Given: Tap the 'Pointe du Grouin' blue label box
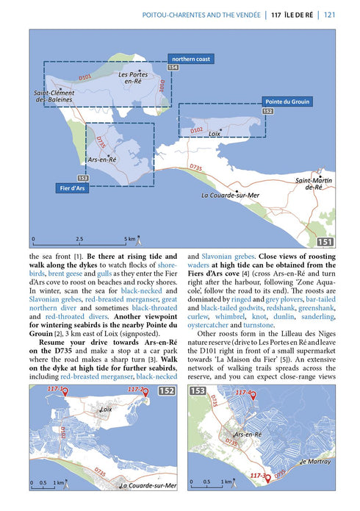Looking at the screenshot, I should tap(287, 101).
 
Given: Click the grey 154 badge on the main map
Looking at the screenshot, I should tap(173, 68).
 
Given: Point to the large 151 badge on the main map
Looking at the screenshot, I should tap(325, 242).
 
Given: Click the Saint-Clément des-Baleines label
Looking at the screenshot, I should tap(53, 96).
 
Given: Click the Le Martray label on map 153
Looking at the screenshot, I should tap(314, 461).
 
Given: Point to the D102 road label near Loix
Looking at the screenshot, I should tap(196, 130).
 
